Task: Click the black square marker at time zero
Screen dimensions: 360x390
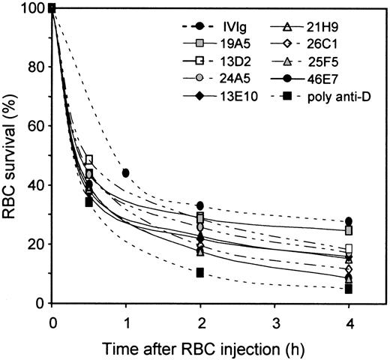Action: (x=52, y=9)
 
